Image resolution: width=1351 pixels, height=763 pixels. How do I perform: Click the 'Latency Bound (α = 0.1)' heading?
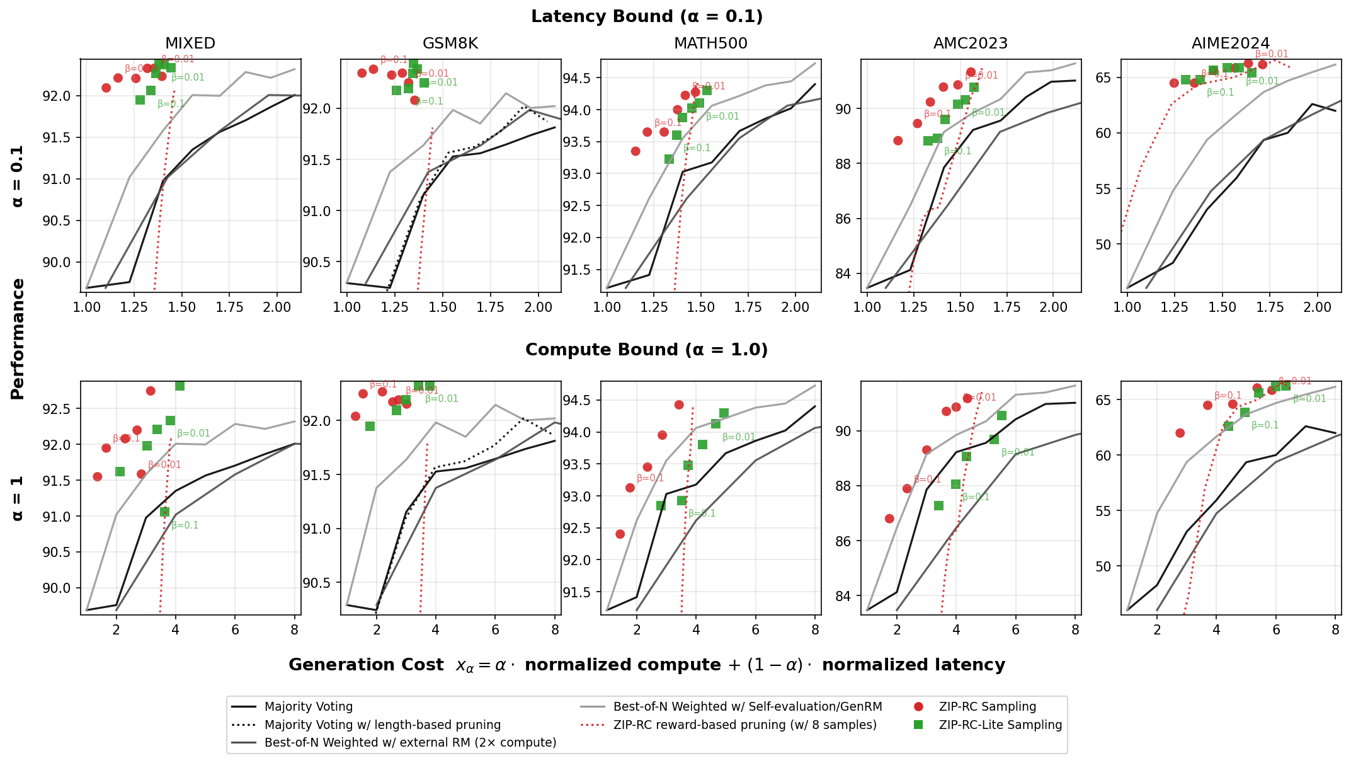pos(647,17)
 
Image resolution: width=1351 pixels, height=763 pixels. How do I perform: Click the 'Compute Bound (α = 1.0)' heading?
pos(647,350)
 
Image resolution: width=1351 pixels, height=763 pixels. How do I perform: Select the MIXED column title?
pos(190,43)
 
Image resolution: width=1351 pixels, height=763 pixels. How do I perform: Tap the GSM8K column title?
pos(450,43)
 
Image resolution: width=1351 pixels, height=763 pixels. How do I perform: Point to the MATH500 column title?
pos(710,43)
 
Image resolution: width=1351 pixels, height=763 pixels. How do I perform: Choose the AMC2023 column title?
pos(971,43)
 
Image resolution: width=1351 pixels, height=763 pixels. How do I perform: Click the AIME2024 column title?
pos(1231,43)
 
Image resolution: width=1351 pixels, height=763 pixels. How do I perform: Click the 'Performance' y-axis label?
pos(18,339)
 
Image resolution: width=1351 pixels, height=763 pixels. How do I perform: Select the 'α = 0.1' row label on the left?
pos(18,176)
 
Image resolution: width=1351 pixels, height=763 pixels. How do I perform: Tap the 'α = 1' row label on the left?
pos(18,498)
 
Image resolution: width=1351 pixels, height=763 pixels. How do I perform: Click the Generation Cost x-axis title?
pos(647,665)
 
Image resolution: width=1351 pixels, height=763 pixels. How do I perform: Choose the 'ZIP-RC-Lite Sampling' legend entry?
pos(1000,725)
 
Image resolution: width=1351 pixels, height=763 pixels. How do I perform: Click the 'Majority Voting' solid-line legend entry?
pos(308,707)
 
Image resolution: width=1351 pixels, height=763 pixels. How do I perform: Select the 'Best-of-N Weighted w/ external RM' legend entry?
pos(410,743)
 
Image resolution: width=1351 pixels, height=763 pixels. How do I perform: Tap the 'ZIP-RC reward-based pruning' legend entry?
pos(744,725)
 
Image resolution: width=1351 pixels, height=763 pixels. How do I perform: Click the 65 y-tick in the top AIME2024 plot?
pos(1110,78)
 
